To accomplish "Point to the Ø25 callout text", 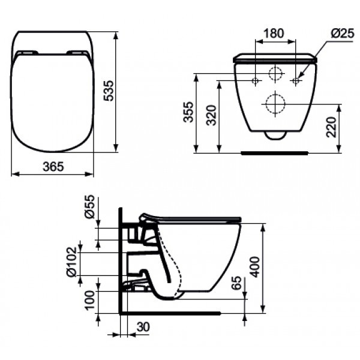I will [341, 34].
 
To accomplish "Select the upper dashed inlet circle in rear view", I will [275, 75].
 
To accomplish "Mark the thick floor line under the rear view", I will [274, 152].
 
